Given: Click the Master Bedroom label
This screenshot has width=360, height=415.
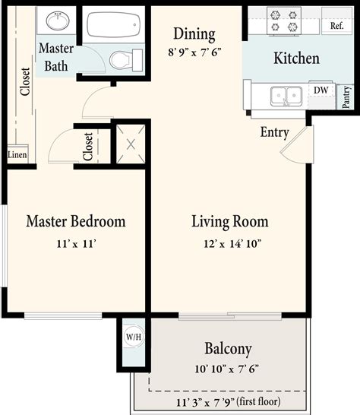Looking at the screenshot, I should tap(75, 222).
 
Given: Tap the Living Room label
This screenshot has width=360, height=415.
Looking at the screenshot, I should tap(229, 222).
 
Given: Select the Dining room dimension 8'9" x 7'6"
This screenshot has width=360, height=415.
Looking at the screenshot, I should tap(194, 52).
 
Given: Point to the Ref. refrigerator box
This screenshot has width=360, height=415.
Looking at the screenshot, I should tap(336, 25).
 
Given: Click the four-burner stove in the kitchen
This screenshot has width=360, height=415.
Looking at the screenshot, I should tap(284, 21).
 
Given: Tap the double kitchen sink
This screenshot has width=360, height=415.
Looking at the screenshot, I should tap(285, 95).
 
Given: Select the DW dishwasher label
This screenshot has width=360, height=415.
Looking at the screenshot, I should tap(321, 90).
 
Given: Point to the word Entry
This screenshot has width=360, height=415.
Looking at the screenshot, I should tap(274, 132).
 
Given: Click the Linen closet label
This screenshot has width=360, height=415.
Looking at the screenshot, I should tap(17, 155).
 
